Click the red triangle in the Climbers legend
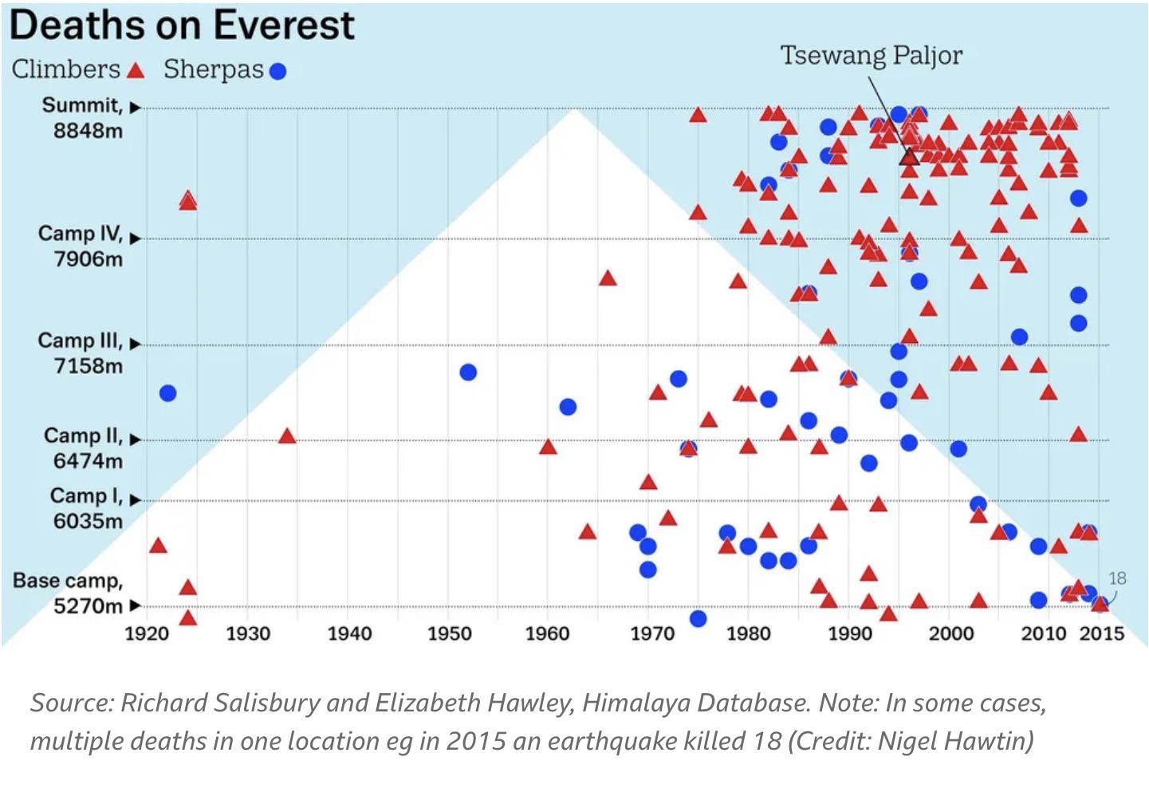point(136,71)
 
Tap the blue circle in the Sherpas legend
point(277,72)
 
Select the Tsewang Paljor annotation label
point(871,55)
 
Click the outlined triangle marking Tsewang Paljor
point(910,156)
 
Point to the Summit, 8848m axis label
point(83,117)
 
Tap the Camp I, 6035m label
point(87,508)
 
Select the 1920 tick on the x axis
point(148,633)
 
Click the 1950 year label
point(450,633)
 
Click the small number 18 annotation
point(1116,578)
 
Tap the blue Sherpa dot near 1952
point(468,372)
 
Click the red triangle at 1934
point(287,436)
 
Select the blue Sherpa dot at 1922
point(167,392)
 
